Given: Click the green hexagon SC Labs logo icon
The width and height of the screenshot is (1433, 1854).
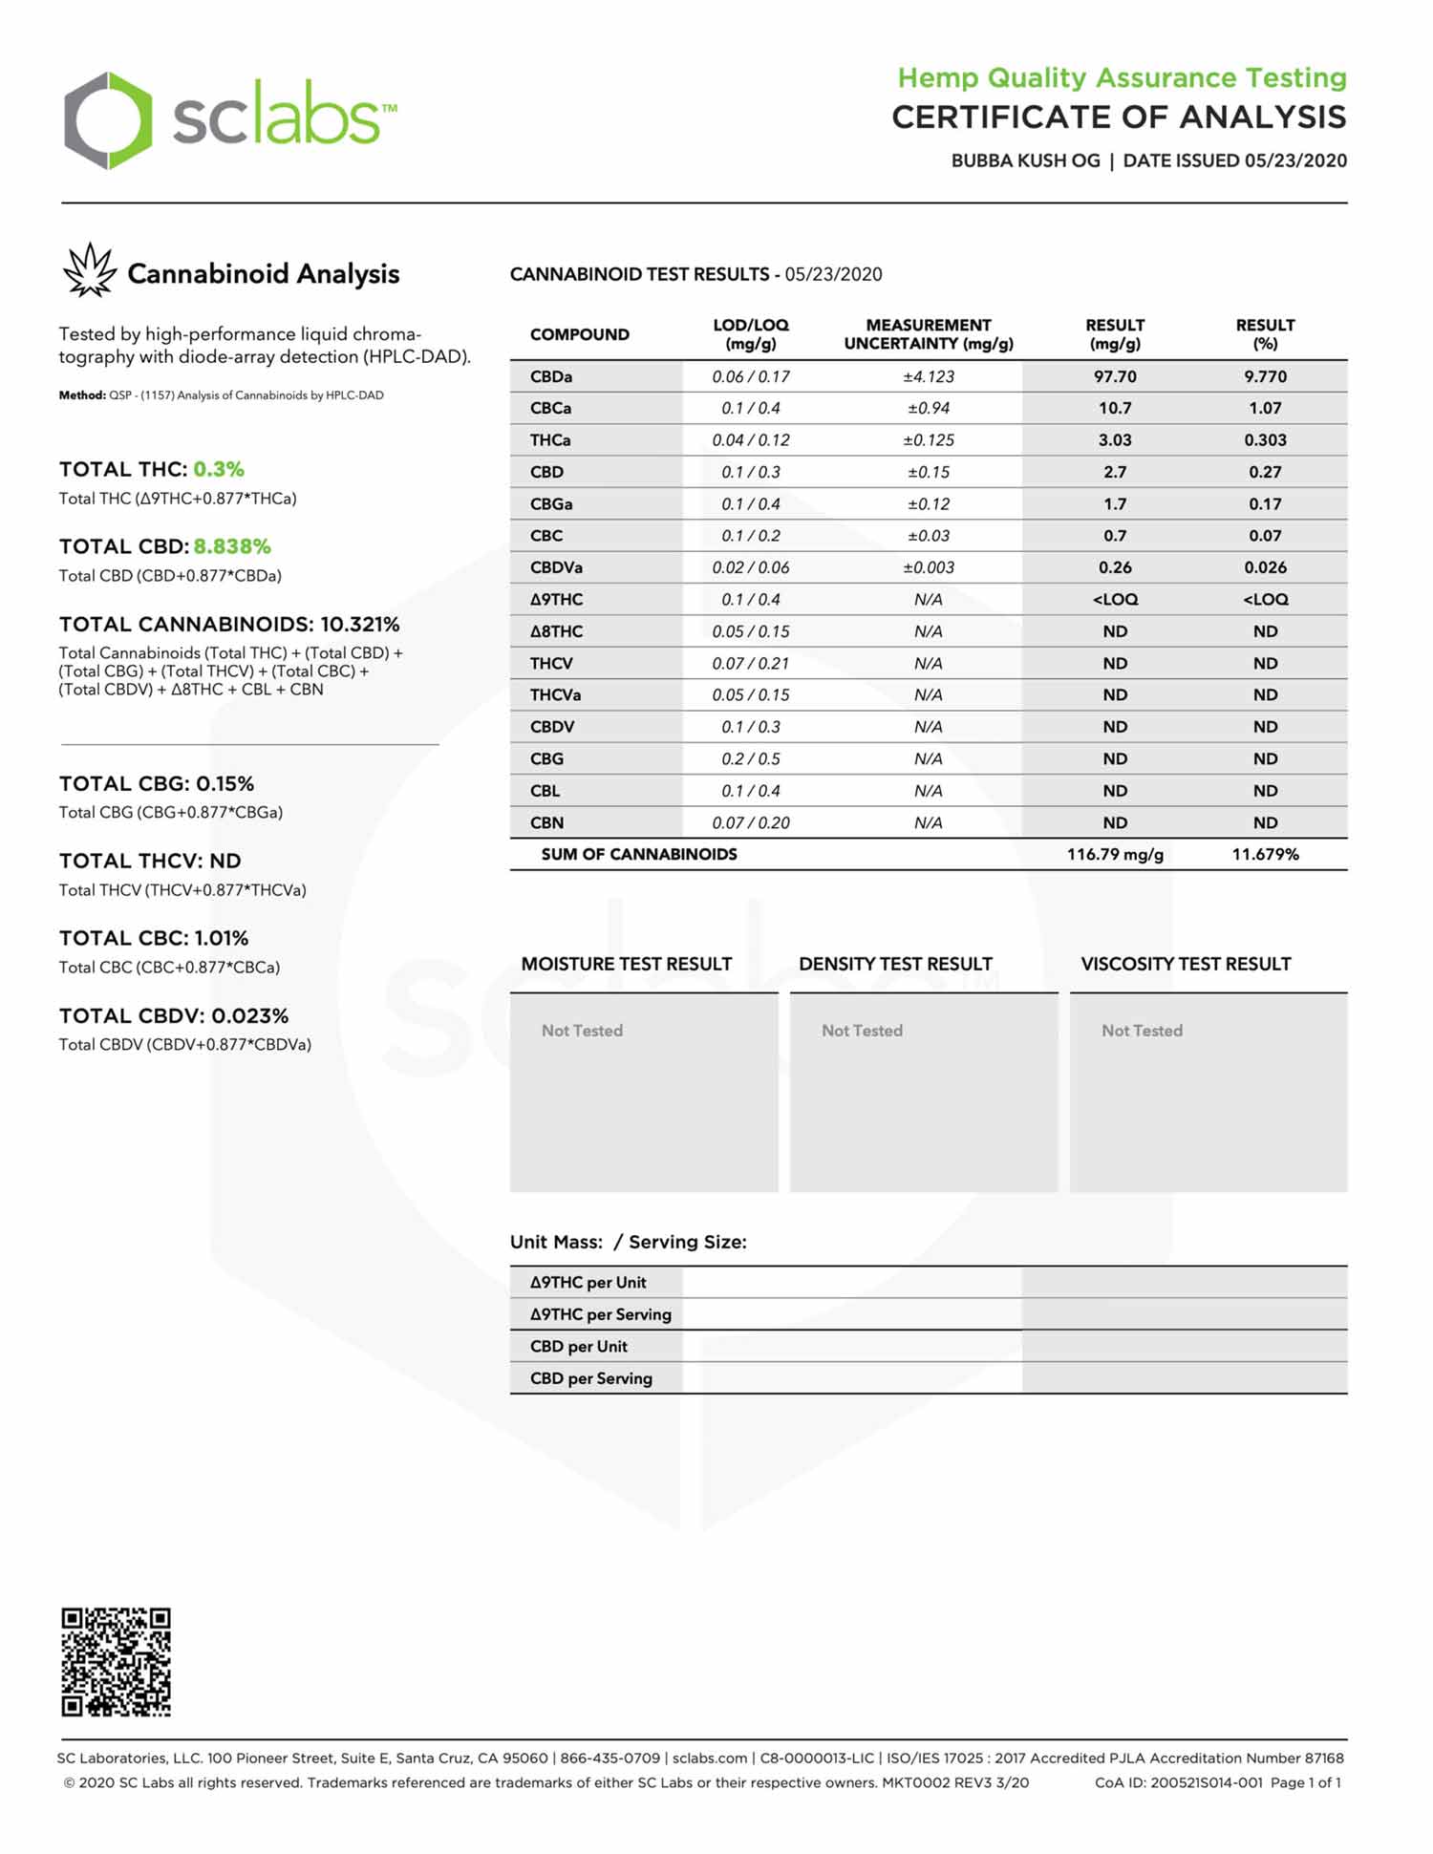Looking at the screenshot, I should [107, 120].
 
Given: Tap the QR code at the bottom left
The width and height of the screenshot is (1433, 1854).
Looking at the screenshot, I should [116, 1662].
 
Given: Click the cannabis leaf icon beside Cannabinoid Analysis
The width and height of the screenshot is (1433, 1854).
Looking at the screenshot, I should [89, 270].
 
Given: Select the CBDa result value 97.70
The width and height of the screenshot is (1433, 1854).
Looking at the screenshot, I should [1114, 376].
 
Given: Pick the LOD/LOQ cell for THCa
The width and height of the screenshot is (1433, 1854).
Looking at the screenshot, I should [750, 440].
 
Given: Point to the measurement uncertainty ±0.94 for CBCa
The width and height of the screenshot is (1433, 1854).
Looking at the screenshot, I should [928, 408].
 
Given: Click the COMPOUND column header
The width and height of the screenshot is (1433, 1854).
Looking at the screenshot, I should [579, 334].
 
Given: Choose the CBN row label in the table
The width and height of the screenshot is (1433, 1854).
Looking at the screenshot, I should [546, 822].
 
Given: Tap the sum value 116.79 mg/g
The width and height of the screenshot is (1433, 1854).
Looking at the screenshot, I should [1114, 854].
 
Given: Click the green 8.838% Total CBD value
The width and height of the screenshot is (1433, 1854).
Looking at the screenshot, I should [232, 546].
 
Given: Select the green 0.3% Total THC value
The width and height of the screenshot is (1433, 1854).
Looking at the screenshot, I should [219, 469].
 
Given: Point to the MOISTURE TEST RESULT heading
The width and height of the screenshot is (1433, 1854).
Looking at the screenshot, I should [626, 964].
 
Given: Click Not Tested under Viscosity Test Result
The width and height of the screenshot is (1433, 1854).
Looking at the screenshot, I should [1142, 1031].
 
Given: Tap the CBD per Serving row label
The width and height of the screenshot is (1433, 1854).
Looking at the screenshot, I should [590, 1378].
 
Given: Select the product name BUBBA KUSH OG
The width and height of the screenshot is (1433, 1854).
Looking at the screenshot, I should [1025, 160].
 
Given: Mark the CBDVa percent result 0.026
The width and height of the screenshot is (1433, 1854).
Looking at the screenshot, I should [1264, 567].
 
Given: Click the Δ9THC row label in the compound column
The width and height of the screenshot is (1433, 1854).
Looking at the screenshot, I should [556, 599].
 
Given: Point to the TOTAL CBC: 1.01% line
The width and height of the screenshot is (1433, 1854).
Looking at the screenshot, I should [154, 938].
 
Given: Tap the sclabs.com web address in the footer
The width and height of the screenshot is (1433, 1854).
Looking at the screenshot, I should [709, 1758].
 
